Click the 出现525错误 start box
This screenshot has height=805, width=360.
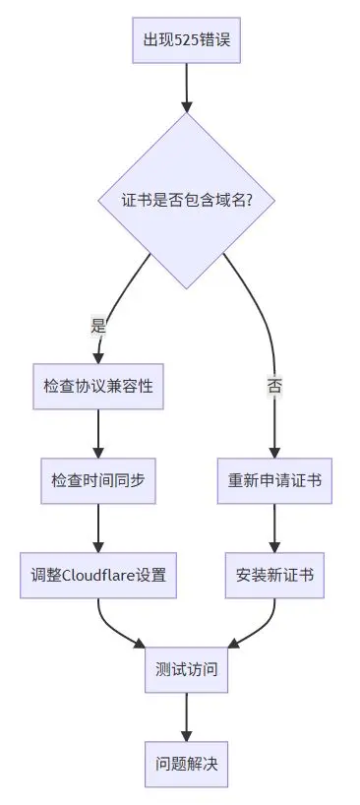186,40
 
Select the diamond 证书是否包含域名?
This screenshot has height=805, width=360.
186,200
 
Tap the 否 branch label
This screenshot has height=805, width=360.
274,386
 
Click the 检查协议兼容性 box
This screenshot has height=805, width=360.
98,386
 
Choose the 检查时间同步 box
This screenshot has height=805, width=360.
98,480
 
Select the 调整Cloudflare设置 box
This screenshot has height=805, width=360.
98,575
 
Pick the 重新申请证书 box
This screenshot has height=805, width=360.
274,480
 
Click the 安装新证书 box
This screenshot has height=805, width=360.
274,575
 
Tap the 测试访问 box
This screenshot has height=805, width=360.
186,669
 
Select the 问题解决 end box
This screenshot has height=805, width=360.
186,764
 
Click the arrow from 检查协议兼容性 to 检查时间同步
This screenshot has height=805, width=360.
98,431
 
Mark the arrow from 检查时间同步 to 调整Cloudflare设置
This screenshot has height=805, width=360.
98,526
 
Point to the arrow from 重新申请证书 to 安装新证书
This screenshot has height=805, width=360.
274,526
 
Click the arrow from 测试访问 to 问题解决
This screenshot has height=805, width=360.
186,716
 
